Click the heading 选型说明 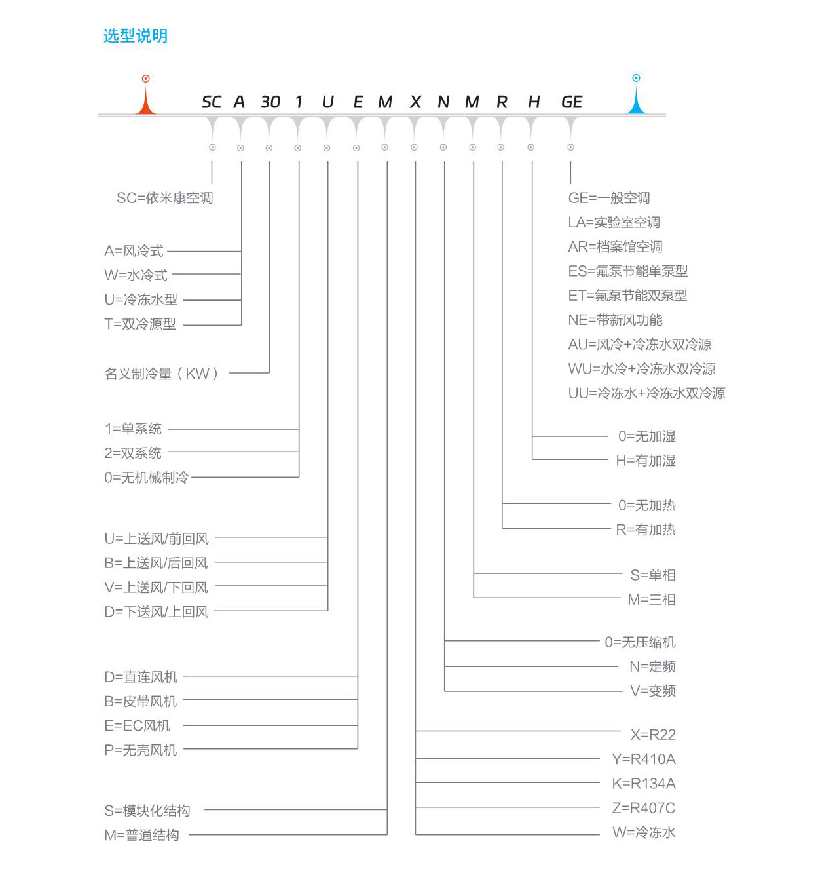[x=136, y=36]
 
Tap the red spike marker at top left [x=145, y=98]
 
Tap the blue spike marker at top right [x=635, y=98]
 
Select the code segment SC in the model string [x=211, y=102]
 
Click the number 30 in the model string [x=270, y=102]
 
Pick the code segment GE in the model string [x=571, y=102]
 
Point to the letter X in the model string [x=415, y=102]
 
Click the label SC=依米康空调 [x=164, y=198]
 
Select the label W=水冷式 [x=136, y=275]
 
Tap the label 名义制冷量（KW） [x=161, y=374]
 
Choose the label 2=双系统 [x=133, y=453]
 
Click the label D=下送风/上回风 [x=157, y=612]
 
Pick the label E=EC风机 [x=137, y=725]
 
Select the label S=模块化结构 [x=147, y=811]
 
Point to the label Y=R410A [x=643, y=759]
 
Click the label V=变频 [x=652, y=691]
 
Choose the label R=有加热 [x=645, y=529]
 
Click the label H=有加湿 [x=645, y=461]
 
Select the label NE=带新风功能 [x=615, y=320]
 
